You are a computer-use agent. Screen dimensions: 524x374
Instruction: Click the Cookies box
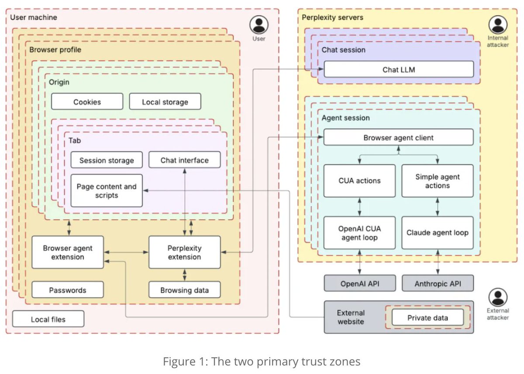(x=87, y=102)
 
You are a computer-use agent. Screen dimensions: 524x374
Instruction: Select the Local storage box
(x=165, y=102)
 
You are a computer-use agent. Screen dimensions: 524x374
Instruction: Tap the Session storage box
(x=107, y=160)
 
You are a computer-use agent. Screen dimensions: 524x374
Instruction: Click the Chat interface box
(x=185, y=160)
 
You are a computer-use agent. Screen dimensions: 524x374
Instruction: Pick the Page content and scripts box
(x=107, y=190)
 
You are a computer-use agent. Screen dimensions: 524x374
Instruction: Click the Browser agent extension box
(x=68, y=252)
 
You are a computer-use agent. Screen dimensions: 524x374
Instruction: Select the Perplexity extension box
(x=185, y=252)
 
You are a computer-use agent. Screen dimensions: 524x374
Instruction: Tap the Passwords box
(x=68, y=290)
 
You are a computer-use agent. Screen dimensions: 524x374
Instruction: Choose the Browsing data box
(x=185, y=290)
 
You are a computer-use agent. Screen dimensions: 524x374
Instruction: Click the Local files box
(x=48, y=319)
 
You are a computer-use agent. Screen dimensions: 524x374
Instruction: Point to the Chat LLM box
(x=399, y=69)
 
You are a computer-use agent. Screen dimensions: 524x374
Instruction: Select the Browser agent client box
(x=399, y=137)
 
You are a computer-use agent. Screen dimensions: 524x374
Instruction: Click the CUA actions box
(x=359, y=181)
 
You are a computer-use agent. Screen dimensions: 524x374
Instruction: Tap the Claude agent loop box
(x=438, y=233)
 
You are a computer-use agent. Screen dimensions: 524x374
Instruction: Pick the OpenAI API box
(x=360, y=283)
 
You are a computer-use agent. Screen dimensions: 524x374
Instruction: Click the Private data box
(x=428, y=317)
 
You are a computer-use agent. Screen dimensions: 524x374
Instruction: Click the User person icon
(x=259, y=25)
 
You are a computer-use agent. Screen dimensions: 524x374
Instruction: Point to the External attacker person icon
(x=498, y=297)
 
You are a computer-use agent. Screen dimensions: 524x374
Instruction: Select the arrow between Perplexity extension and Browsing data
(x=185, y=275)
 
